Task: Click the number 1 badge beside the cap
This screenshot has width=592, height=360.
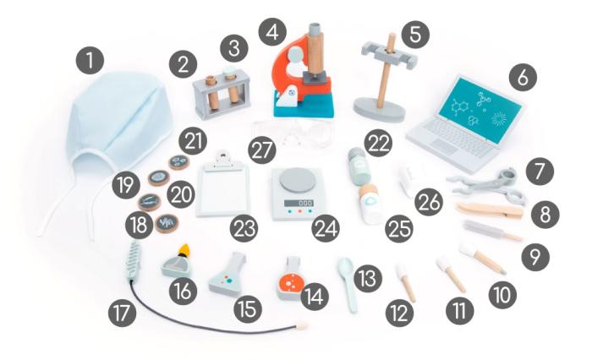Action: click(90, 60)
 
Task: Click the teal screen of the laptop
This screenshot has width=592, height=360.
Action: click(480, 110)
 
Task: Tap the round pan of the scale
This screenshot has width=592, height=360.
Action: click(298, 180)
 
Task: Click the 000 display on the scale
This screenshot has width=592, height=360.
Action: click(299, 203)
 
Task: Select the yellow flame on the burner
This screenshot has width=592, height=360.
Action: click(184, 250)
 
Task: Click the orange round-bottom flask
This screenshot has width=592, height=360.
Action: click(291, 280)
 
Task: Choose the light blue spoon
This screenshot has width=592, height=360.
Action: click(348, 283)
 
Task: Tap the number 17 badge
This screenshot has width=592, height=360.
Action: click(123, 313)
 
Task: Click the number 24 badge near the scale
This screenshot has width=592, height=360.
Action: click(326, 228)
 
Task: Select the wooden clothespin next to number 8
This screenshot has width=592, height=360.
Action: click(490, 211)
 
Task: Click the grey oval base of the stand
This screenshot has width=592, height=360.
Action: click(379, 109)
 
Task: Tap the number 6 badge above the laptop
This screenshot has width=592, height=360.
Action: click(523, 78)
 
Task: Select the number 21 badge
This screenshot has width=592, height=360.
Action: click(193, 141)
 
